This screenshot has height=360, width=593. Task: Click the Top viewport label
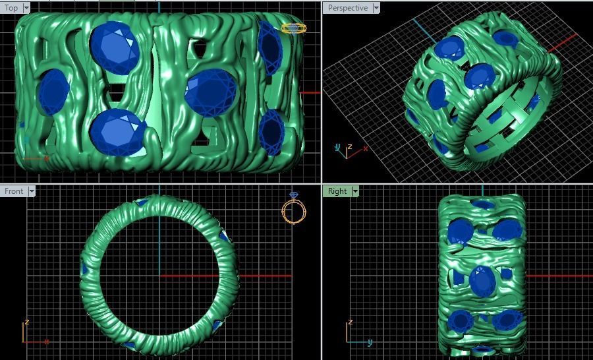click(x=11, y=8)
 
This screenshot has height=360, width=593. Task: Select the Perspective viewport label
click(x=347, y=8)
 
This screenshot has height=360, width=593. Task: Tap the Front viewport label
click(x=14, y=191)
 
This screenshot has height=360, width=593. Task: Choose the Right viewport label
click(x=337, y=191)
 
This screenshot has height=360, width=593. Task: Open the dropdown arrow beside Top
click(x=26, y=8)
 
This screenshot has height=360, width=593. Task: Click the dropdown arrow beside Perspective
click(x=376, y=8)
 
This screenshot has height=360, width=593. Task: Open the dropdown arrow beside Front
click(x=30, y=191)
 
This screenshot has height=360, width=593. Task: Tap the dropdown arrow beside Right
click(x=355, y=191)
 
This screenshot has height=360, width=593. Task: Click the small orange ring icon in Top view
click(x=294, y=28)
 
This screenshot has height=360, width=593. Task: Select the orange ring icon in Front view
click(x=294, y=210)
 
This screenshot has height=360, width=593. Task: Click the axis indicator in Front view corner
click(x=32, y=335)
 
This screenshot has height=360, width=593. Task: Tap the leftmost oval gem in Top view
click(x=53, y=92)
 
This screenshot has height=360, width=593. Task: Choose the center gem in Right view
click(x=483, y=281)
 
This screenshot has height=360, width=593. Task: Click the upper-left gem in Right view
click(x=460, y=231)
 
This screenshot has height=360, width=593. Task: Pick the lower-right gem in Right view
click(x=507, y=320)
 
